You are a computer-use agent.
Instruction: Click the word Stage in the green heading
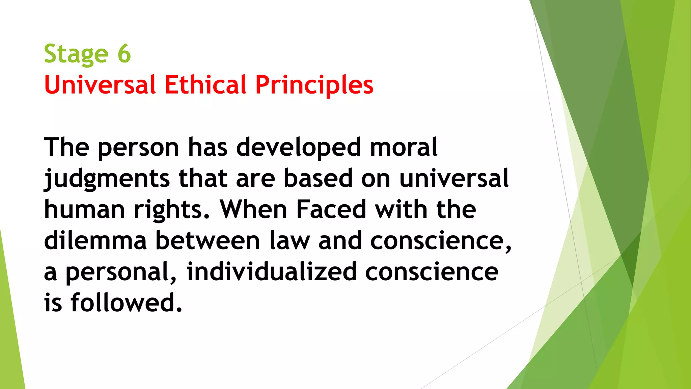[x=76, y=54]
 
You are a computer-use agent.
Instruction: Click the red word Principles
[x=314, y=85]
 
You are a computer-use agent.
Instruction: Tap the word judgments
[x=107, y=179]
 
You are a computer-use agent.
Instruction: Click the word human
[x=84, y=209]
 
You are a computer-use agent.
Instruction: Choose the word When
[x=253, y=209]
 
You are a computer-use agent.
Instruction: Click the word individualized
[x=272, y=271]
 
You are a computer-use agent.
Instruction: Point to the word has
[x=208, y=148]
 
